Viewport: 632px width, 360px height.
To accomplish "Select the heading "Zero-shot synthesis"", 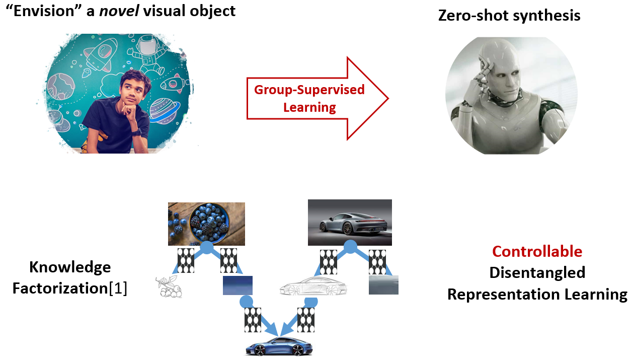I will [509, 16].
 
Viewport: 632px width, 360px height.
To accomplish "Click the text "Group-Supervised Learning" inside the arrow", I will [309, 98].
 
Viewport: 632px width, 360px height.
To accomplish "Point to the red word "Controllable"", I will [537, 251].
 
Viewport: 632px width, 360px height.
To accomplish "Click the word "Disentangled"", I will [537, 272].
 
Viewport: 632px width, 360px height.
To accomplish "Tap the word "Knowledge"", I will [69, 267].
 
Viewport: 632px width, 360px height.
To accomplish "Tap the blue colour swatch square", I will [238, 285].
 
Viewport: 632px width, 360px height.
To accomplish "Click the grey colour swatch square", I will [383, 285].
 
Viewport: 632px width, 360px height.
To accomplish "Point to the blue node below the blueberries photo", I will [206, 247].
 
